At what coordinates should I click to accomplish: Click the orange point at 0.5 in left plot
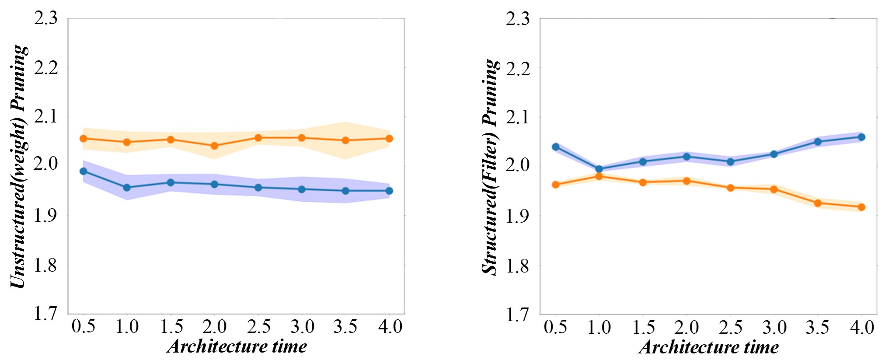(84, 139)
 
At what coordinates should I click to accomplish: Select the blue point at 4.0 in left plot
(389, 191)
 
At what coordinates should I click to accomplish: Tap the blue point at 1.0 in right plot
(599, 169)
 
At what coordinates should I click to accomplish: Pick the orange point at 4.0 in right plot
(861, 207)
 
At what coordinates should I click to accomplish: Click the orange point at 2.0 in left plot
(214, 146)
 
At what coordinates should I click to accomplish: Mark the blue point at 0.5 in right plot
(556, 147)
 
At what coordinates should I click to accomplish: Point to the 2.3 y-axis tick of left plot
(46, 18)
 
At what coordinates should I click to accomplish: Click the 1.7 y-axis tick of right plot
(518, 314)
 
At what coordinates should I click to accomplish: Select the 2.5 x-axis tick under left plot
(258, 327)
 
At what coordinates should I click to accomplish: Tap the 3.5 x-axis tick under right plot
(818, 327)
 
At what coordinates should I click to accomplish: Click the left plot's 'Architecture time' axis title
(237, 346)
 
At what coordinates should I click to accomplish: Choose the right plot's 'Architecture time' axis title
(709, 347)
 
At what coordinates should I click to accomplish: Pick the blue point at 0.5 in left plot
(84, 171)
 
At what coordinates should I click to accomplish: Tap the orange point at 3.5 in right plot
(818, 203)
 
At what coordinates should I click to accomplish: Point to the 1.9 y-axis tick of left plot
(46, 215)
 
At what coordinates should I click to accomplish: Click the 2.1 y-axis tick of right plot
(518, 117)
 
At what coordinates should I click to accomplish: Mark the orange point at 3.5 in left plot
(345, 140)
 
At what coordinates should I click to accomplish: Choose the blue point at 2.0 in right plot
(686, 157)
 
